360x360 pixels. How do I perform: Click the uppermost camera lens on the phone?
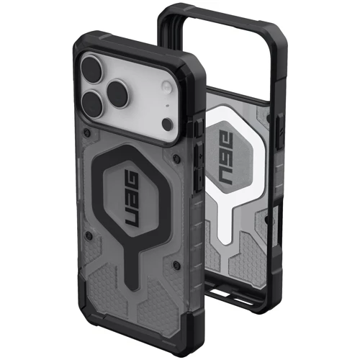point(91,66)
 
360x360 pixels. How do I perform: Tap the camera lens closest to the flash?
point(118,92)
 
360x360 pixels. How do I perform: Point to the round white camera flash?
point(166,86)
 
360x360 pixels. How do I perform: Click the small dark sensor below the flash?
point(167,124)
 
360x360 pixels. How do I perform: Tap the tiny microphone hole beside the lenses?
point(167,105)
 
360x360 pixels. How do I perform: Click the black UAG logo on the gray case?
point(132,199)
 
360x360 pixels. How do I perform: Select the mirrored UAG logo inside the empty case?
point(226,158)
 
